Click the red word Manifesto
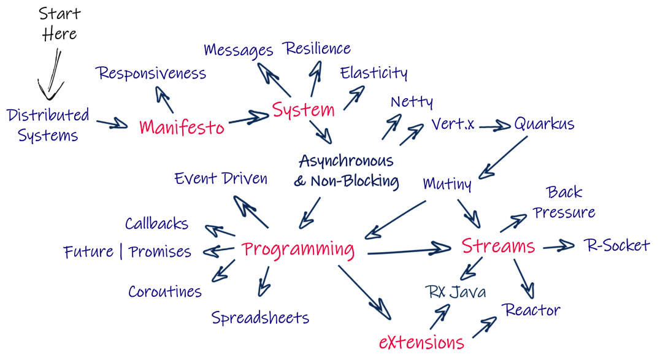coord(182,127)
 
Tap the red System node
coord(304,110)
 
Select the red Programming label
coord(298,249)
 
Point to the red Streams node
coord(498,246)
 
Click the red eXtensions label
coord(420,342)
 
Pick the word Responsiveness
coord(152,74)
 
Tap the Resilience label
coord(317,48)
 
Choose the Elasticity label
coord(374,72)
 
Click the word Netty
coord(412,101)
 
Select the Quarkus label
coord(544,123)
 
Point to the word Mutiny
coord(447,183)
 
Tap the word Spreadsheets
coord(260,318)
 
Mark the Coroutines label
coord(164,292)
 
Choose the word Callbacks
coord(156,224)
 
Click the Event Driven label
coord(221,178)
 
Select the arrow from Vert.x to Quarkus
coord(494,126)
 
